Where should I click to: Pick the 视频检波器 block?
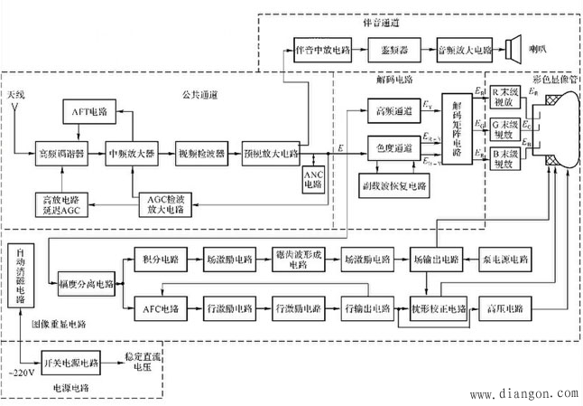pyautogui.click(x=202, y=153)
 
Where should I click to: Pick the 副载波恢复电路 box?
pyautogui.click(x=393, y=184)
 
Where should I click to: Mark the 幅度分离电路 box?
pyautogui.click(x=86, y=283)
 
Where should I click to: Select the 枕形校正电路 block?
pyautogui.click(x=440, y=307)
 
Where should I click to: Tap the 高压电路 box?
pyautogui.click(x=504, y=307)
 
